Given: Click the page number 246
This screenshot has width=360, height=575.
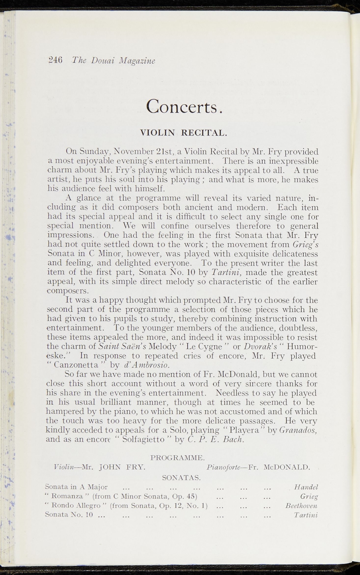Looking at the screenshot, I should (x=55, y=60).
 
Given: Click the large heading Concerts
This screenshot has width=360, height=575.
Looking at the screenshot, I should (x=184, y=106).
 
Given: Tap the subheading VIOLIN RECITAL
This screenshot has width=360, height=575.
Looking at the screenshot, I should (x=183, y=133).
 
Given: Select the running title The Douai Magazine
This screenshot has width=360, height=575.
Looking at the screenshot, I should (x=113, y=61).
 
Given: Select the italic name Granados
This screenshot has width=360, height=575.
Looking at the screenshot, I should (x=298, y=430).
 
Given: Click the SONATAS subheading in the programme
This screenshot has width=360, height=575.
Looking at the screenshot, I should (x=181, y=477).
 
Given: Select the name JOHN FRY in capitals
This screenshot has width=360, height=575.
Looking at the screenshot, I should (x=122, y=467).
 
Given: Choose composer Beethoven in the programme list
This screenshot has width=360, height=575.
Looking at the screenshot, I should (x=301, y=506).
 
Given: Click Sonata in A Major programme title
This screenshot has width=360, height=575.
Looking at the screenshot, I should (x=76, y=487).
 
